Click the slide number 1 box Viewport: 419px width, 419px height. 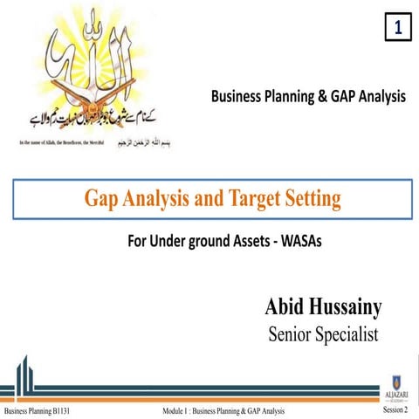tap(397, 29)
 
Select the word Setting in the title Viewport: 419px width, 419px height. tap(311, 200)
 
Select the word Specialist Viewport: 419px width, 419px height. tap(347, 334)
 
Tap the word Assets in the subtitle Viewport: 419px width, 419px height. tap(228, 242)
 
